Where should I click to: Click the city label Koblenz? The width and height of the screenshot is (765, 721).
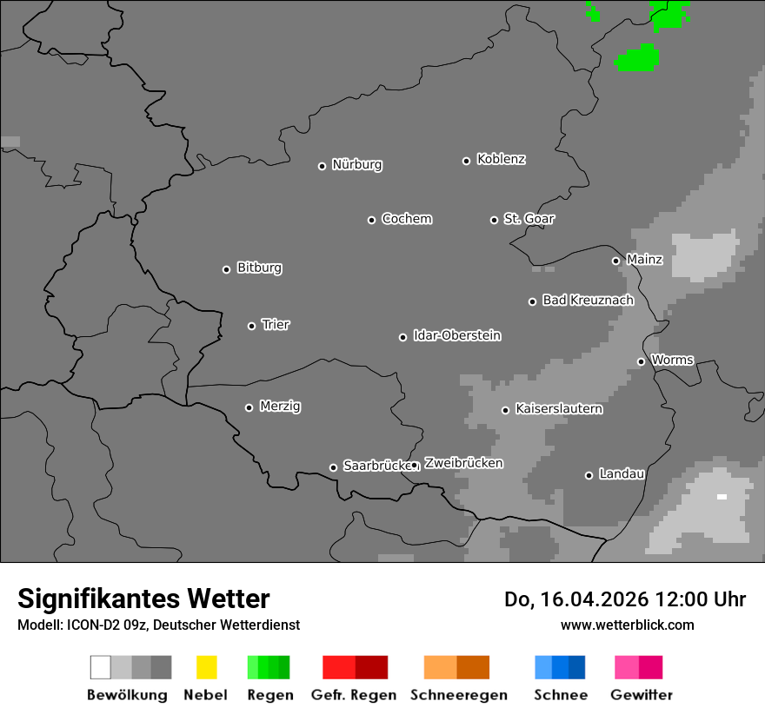click(x=501, y=159)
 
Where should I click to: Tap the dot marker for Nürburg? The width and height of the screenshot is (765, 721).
click(x=322, y=166)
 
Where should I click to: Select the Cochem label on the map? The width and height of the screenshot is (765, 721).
click(x=406, y=219)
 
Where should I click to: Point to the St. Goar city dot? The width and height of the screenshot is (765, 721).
click(x=494, y=220)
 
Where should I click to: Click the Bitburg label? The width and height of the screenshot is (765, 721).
click(x=259, y=268)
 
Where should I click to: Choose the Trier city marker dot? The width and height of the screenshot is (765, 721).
click(x=252, y=326)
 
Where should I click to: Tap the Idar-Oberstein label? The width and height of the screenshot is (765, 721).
click(x=456, y=335)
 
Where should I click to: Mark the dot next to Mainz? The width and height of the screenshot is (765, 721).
click(x=615, y=261)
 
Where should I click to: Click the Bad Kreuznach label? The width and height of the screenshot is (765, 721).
click(x=588, y=301)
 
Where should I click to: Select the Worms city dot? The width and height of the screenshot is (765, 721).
click(x=641, y=361)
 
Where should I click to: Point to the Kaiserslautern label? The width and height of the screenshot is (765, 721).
click(x=558, y=408)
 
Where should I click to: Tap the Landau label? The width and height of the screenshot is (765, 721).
click(x=621, y=474)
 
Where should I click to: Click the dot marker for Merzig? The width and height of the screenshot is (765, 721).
click(x=249, y=407)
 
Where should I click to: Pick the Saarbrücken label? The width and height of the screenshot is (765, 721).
click(x=376, y=466)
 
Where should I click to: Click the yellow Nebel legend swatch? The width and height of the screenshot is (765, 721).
click(x=206, y=667)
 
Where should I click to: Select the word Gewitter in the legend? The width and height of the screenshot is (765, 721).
click(x=641, y=695)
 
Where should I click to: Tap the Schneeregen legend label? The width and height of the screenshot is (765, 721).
click(x=458, y=695)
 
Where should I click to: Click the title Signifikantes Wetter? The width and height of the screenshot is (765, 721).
click(x=143, y=599)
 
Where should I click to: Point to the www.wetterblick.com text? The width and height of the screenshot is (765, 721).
click(x=627, y=625)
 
